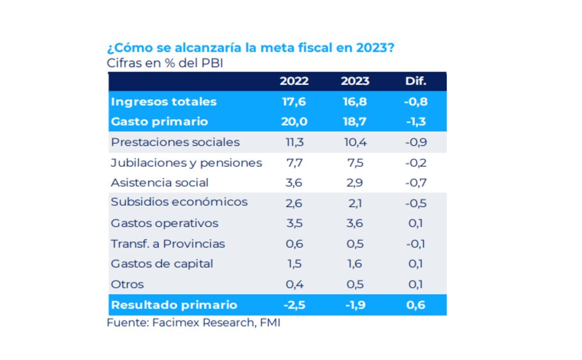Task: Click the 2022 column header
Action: (x=294, y=81)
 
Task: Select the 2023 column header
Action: (x=355, y=81)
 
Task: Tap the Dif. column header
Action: (x=416, y=81)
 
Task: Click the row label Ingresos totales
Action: (x=164, y=102)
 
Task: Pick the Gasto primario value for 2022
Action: (x=294, y=122)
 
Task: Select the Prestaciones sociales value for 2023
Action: (x=355, y=142)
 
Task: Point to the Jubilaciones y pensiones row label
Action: (x=186, y=163)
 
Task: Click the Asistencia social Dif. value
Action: (x=416, y=183)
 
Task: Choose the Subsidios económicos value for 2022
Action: (x=294, y=203)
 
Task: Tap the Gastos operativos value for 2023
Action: (x=355, y=223)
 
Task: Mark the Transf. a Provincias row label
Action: (x=168, y=244)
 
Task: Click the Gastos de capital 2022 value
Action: (x=294, y=264)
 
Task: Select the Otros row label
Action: (x=127, y=284)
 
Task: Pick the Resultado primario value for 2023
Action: (x=355, y=305)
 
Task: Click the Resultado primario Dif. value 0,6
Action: (x=416, y=305)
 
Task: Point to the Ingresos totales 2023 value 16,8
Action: (x=355, y=102)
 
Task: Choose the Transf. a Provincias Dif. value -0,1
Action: (x=416, y=244)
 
